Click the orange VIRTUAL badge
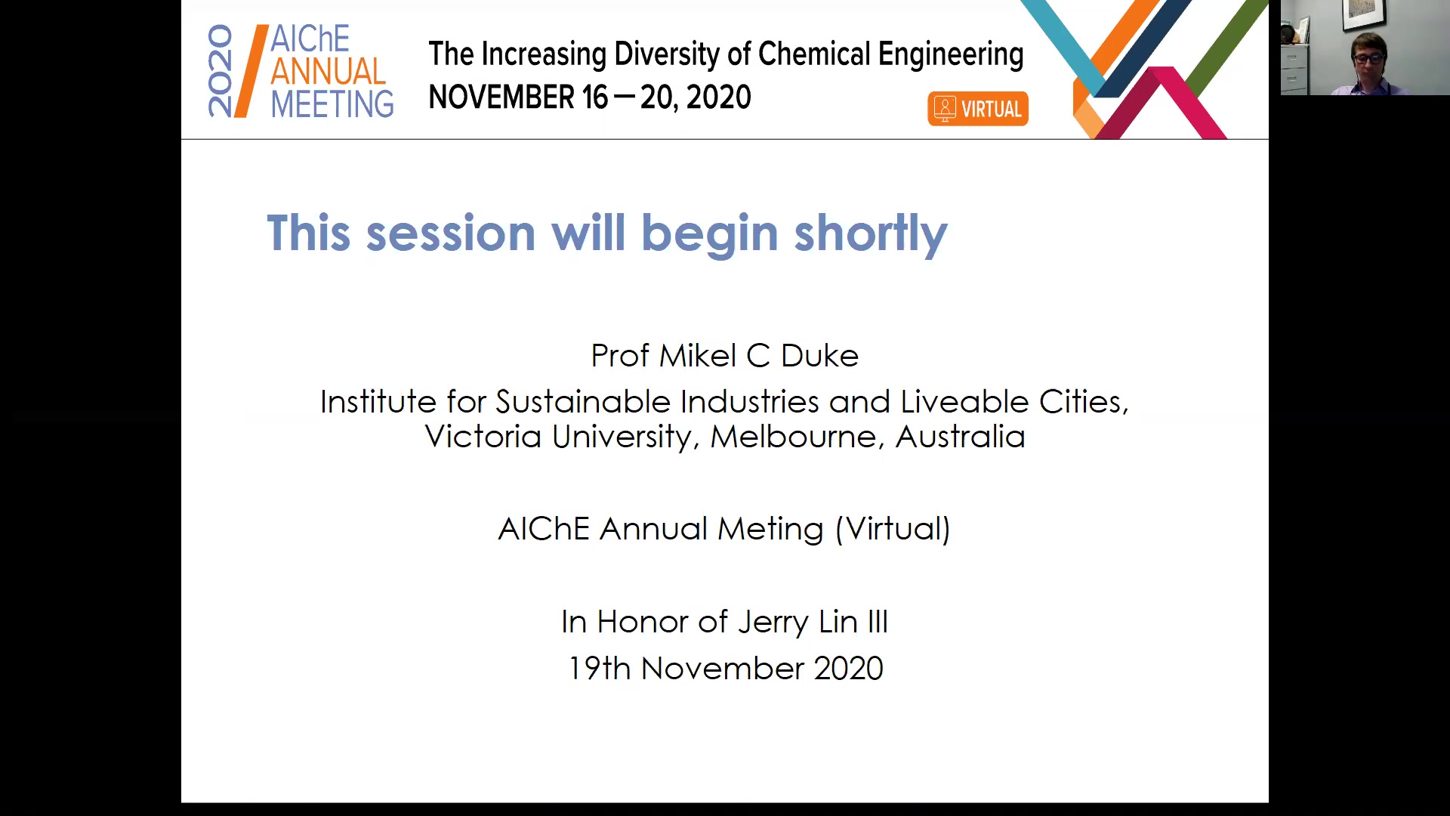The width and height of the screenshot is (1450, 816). tap(978, 109)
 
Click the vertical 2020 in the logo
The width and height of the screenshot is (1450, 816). tap(221, 71)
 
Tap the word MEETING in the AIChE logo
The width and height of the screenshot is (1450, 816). tap(332, 104)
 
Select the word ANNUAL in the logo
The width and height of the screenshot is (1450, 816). tap(329, 71)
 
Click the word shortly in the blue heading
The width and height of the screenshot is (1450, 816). tap(871, 234)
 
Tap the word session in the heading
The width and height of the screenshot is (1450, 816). tap(451, 233)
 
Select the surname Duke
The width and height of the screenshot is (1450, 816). tap(819, 356)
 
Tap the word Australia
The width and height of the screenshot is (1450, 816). tap(960, 437)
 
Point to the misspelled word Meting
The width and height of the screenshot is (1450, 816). tap(770, 529)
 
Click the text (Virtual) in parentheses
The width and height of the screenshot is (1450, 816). tap(893, 529)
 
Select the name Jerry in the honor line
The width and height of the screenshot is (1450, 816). tap(773, 623)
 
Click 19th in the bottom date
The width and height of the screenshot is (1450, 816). tap(600, 669)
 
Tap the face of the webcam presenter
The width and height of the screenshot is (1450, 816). tap(1368, 60)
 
